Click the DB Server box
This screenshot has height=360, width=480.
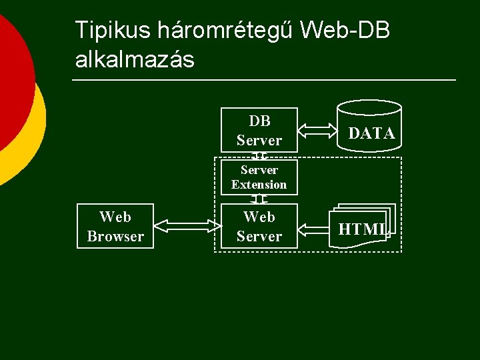259,130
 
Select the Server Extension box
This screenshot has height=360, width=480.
259,177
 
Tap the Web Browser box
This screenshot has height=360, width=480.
115,227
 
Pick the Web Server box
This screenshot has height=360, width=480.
259,227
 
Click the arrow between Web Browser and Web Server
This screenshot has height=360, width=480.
187,227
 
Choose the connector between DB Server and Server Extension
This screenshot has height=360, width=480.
259,156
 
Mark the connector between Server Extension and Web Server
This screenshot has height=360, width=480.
259,199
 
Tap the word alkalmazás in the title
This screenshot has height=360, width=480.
135,60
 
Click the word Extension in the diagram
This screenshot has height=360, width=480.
259,185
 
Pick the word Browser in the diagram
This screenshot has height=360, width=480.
115,237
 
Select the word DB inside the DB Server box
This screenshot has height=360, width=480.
259,121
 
